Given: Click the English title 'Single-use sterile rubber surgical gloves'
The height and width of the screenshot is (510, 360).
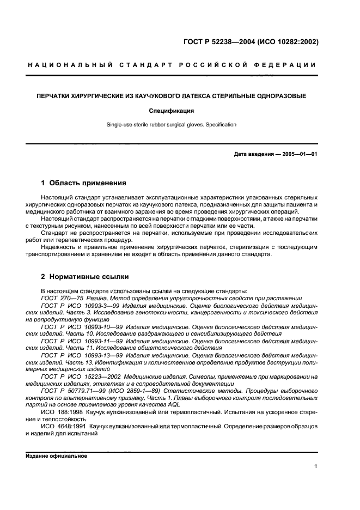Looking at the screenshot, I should pyautogui.click(x=155, y=125).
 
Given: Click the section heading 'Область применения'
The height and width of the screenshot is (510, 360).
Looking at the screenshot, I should pyautogui.click(x=87, y=183).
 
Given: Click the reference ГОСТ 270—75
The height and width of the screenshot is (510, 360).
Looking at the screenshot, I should pyautogui.click(x=61, y=298).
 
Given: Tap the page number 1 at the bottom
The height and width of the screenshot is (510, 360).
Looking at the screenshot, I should pyautogui.click(x=316, y=466).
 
